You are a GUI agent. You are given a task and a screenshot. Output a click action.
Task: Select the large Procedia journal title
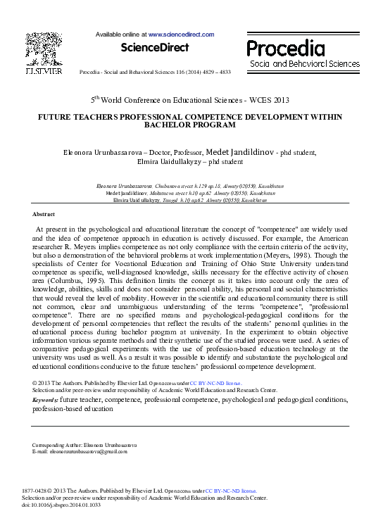tap(286, 48)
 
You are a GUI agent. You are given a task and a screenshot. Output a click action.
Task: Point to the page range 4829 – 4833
tap(215, 72)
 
